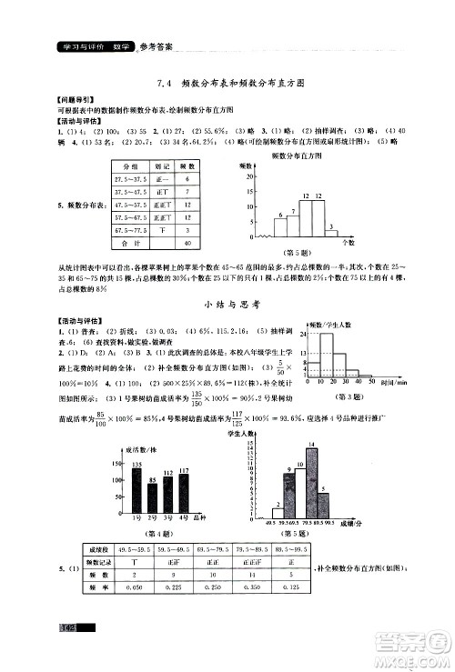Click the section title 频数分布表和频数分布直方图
[x=241, y=83]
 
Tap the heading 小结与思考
[x=227, y=306]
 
